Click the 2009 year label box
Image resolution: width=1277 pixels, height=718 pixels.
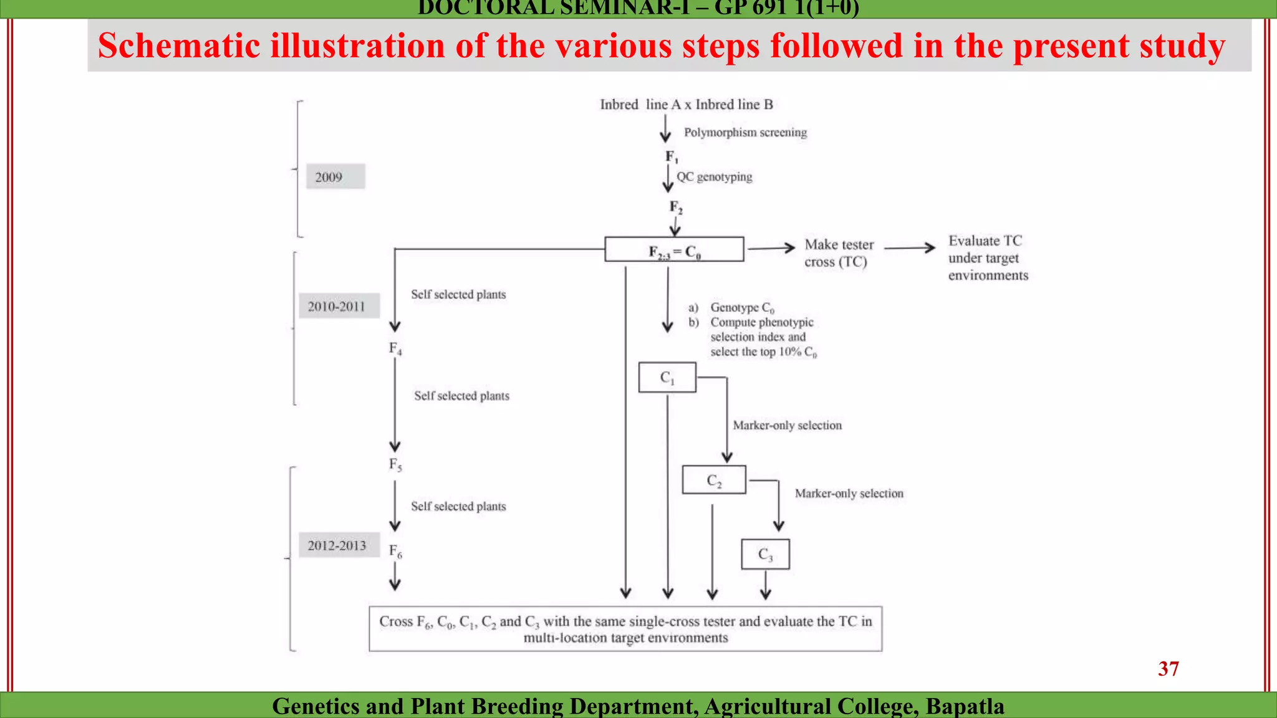(335, 177)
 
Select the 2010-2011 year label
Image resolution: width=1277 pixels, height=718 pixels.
(339, 306)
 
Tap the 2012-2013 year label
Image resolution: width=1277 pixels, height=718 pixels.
(339, 545)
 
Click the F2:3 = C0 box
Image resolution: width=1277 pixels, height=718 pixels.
(674, 249)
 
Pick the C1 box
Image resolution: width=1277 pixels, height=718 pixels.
(667, 378)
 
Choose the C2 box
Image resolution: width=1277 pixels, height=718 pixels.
(714, 480)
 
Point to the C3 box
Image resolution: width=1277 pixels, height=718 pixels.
(765, 554)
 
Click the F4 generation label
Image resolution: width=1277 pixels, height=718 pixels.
(395, 348)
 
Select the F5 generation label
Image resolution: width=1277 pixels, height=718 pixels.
(395, 464)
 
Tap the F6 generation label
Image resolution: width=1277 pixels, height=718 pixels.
(395, 551)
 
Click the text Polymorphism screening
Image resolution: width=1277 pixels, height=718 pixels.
(745, 132)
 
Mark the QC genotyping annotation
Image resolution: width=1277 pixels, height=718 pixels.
(715, 177)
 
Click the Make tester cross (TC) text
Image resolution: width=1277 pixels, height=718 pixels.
(838, 253)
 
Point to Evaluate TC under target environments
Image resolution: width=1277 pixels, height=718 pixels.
(988, 258)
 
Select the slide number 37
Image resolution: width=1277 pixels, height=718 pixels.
(1168, 669)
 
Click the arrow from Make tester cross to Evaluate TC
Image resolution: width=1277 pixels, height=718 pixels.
(909, 248)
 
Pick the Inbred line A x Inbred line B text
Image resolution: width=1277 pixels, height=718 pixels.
(686, 105)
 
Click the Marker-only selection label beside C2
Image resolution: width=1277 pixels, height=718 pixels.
(849, 494)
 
